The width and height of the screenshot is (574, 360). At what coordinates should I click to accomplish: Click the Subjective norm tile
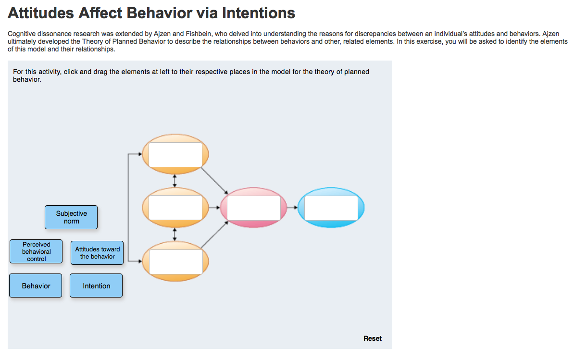[x=71, y=217]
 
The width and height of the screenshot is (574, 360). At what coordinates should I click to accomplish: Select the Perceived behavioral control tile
[x=36, y=251]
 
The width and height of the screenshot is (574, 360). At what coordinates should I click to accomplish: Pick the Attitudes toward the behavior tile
[x=97, y=253]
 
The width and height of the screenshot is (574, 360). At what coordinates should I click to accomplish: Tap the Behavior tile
[x=36, y=286]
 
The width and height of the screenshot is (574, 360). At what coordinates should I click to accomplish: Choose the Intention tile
[x=96, y=286]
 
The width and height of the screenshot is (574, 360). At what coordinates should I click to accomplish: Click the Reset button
[x=372, y=338]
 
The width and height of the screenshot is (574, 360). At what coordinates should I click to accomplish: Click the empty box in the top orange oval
[x=175, y=155]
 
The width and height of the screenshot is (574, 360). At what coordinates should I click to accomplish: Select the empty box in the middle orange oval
[x=175, y=208]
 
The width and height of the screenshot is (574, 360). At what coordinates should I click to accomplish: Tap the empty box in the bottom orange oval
[x=176, y=261]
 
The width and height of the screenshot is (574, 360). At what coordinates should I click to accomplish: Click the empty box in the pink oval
[x=254, y=208]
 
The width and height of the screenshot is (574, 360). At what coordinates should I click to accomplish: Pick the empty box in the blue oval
[x=331, y=208]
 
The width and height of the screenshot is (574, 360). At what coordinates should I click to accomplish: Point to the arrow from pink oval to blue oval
[x=292, y=208]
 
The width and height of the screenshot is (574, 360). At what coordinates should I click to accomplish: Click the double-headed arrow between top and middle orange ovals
[x=175, y=181]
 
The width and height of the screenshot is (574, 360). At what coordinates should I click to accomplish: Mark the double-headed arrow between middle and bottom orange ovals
[x=175, y=235]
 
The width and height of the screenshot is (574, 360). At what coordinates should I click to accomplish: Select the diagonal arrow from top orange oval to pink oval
[x=214, y=180]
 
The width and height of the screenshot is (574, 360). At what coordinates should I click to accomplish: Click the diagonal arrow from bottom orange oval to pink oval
[x=214, y=235]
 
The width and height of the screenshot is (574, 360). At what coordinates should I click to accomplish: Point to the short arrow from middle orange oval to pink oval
[x=214, y=208]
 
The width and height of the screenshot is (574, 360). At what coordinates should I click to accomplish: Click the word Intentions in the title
[x=259, y=13]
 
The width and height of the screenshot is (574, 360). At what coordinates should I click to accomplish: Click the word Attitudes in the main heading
[x=41, y=13]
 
